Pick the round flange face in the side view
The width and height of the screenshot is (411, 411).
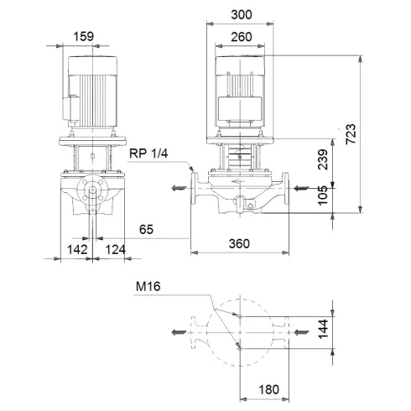90,192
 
